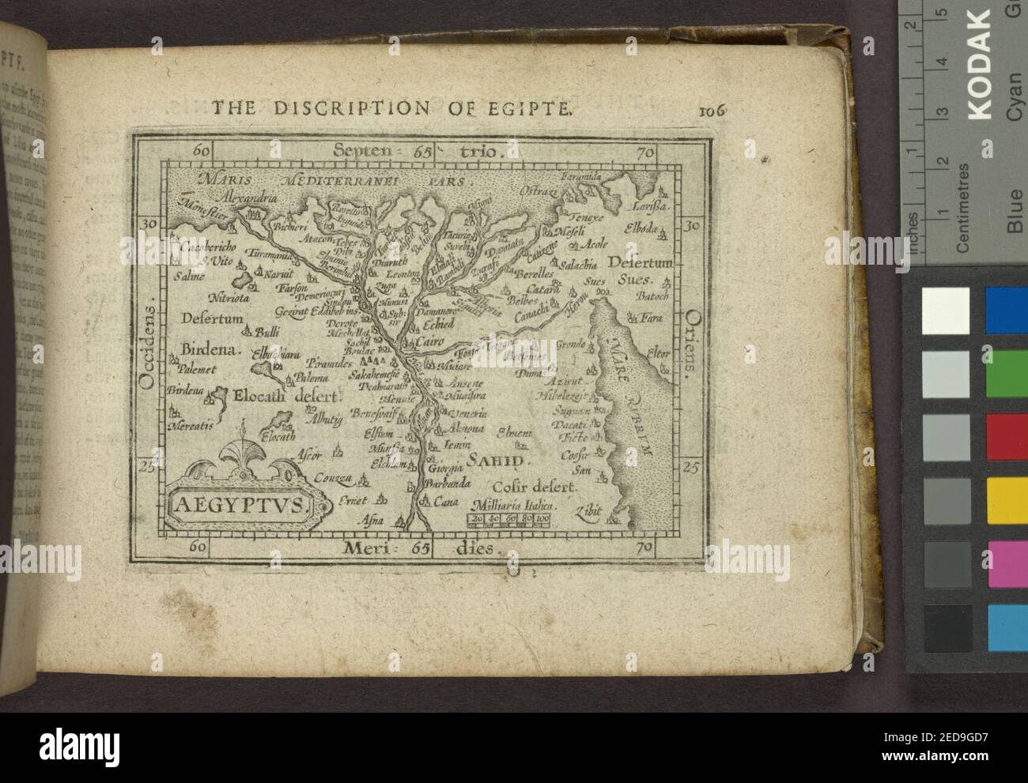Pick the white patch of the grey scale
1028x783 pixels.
click(946, 311)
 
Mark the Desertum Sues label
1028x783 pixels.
click(641, 270)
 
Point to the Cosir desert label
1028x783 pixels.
click(524, 487)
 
